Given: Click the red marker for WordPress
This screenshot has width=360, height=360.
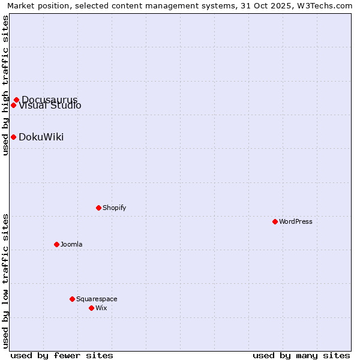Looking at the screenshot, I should [275, 221].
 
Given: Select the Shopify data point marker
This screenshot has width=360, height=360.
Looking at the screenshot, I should [98, 208].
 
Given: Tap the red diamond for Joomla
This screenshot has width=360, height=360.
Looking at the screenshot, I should [56, 244].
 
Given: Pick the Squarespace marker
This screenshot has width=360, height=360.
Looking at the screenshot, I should [72, 299].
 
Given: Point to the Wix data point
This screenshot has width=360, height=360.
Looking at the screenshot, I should [91, 308].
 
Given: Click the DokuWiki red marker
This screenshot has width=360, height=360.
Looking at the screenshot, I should [13, 137].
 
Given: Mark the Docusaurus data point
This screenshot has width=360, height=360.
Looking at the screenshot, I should [16, 100].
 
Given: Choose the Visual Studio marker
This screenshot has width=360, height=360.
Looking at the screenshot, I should [13, 105].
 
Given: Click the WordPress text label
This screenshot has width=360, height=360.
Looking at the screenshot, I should [295, 221].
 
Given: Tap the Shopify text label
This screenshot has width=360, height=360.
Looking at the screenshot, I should [114, 208].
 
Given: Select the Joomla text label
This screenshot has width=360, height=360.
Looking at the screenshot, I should [71, 244].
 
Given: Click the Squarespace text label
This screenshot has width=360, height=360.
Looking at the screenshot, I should [97, 299].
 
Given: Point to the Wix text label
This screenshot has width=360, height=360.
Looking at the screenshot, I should [101, 308].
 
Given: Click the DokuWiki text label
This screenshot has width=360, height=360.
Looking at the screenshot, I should [41, 137].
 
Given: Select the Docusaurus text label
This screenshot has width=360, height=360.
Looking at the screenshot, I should [49, 100].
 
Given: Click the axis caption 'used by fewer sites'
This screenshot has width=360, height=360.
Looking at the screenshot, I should [62, 355].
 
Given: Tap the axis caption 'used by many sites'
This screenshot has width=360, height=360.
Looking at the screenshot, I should [301, 355].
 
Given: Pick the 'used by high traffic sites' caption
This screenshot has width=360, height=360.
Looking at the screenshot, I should [5, 85].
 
